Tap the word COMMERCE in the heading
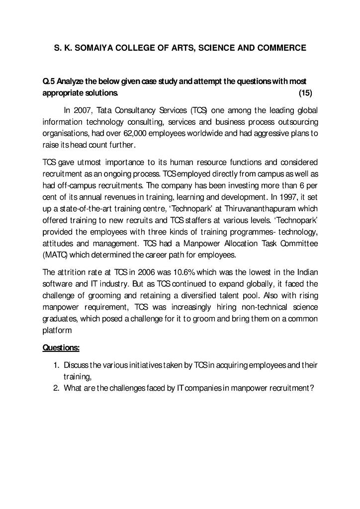click(282, 48)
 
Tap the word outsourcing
click(297, 122)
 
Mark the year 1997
click(288, 196)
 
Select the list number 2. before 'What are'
click(56, 388)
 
